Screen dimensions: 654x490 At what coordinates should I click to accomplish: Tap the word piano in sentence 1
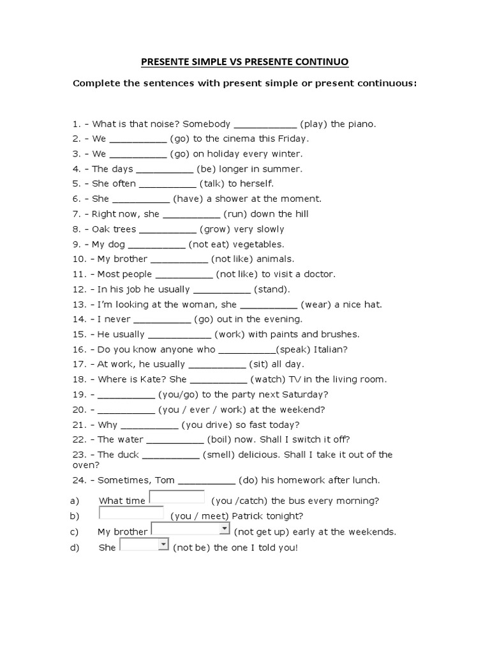pyautogui.click(x=362, y=124)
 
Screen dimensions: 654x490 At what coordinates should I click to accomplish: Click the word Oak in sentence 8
pyautogui.click(x=101, y=229)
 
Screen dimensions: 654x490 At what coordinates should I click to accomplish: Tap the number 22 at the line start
pyautogui.click(x=79, y=439)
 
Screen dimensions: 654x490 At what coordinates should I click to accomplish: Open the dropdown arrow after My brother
pyautogui.click(x=223, y=529)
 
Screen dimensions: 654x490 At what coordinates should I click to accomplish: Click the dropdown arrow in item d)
pyautogui.click(x=163, y=544)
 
